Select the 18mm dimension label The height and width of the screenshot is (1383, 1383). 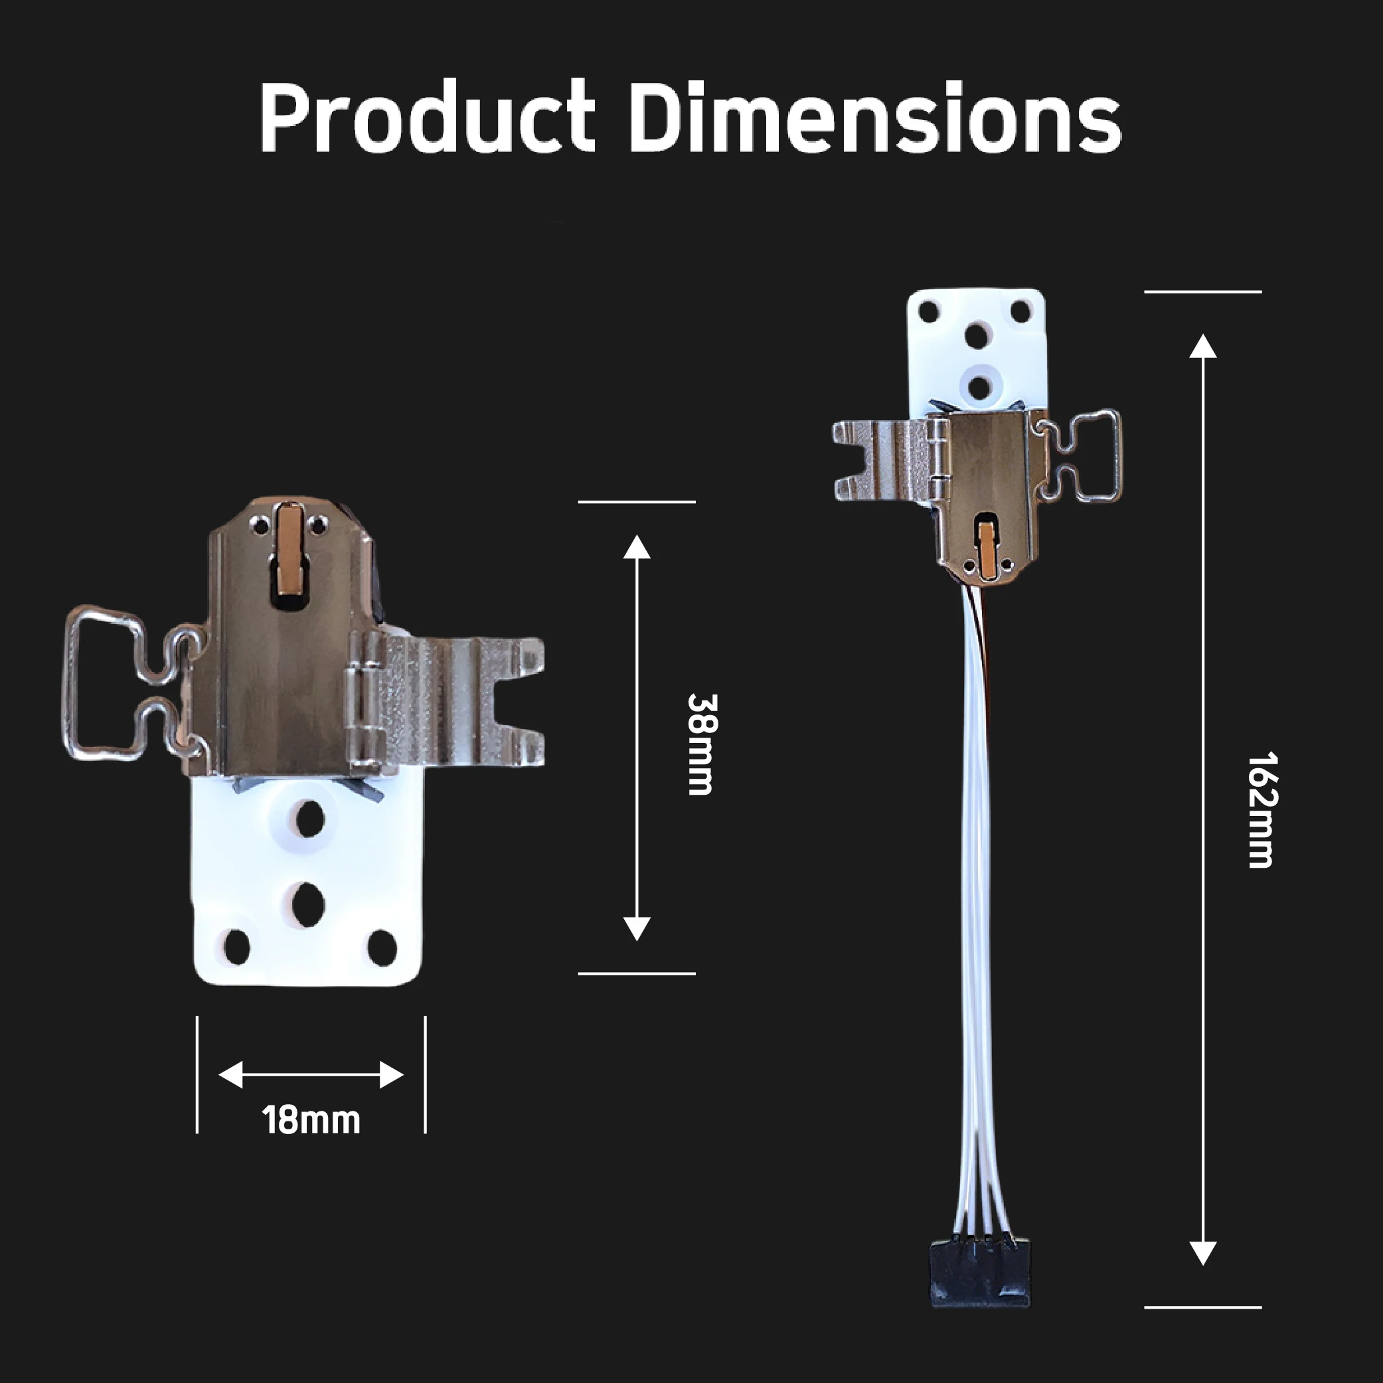pyautogui.click(x=311, y=1120)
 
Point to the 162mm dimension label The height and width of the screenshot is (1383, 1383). pyautogui.click(x=1261, y=809)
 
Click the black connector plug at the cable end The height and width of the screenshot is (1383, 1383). pyautogui.click(x=980, y=1273)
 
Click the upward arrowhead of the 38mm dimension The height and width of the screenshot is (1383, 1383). pyautogui.click(x=636, y=547)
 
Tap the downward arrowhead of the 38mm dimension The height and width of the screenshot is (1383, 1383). pyautogui.click(x=636, y=928)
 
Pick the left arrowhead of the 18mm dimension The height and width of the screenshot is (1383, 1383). pyautogui.click(x=230, y=1074)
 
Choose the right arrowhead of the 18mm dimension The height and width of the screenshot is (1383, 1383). pyautogui.click(x=392, y=1074)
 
